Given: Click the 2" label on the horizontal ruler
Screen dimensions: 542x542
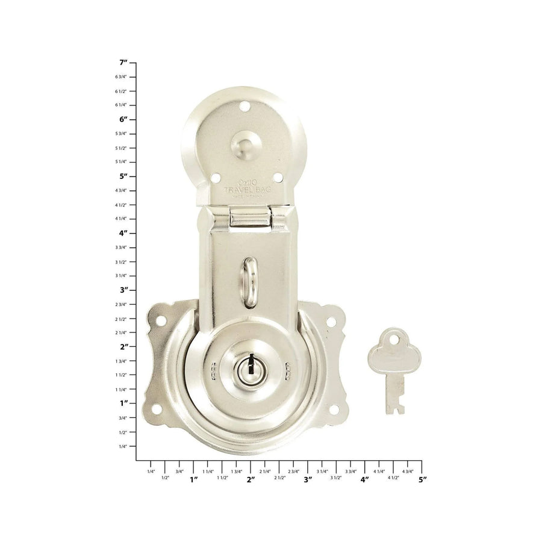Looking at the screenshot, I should (x=251, y=479).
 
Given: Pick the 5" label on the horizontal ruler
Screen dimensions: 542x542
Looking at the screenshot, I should (x=422, y=479).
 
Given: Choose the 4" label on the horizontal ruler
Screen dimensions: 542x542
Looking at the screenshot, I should (x=365, y=479).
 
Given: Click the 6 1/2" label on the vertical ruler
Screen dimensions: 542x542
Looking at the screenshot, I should (x=121, y=91).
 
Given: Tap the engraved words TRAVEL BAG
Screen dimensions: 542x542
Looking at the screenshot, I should (x=248, y=190).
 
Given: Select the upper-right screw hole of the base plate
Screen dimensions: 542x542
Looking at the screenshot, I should (x=331, y=322).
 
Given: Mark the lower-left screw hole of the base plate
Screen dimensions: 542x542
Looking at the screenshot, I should (x=157, y=410).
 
